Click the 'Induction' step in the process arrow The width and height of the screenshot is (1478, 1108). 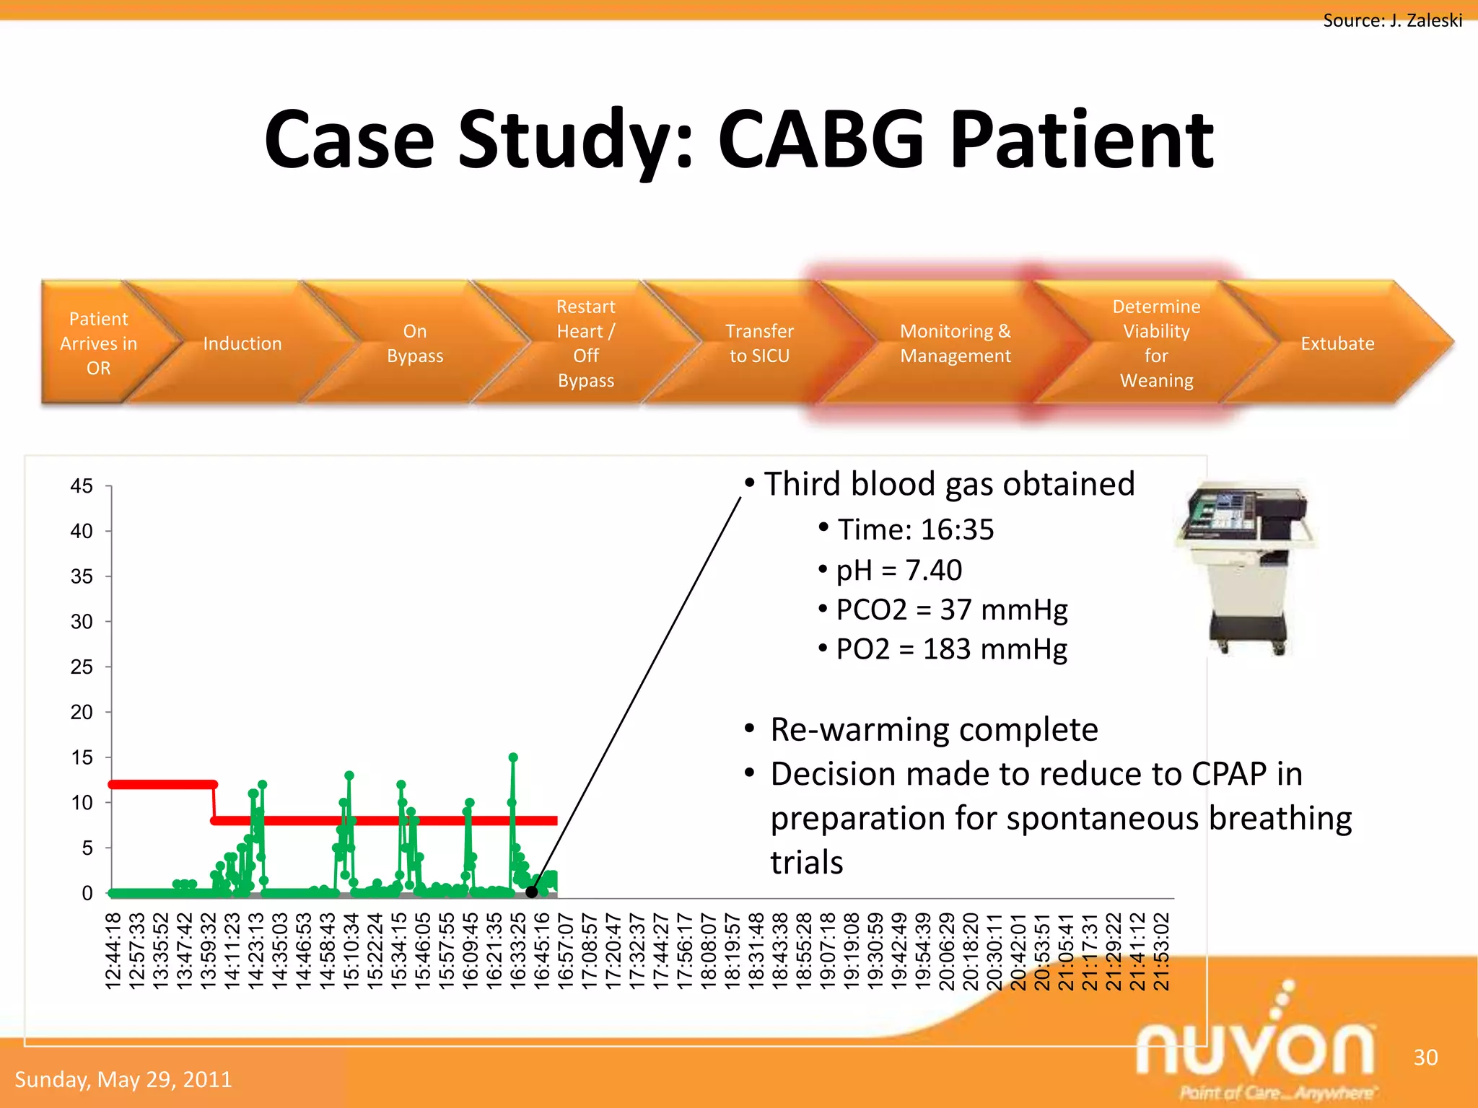[242, 343]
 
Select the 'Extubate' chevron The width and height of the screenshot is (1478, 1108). [1337, 343]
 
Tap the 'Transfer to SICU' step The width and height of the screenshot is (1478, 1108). [759, 343]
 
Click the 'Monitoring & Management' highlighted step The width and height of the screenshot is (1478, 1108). [955, 343]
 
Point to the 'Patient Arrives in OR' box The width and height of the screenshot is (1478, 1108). [98, 343]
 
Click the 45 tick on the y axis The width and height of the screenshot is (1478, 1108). [82, 486]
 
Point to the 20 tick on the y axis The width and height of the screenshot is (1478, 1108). [82, 712]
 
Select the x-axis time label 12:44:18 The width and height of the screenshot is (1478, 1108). [113, 951]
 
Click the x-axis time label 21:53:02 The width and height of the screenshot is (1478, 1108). [1161, 951]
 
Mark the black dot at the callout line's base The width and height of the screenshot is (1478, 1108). [531, 892]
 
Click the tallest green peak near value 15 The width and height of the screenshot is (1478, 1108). [513, 757]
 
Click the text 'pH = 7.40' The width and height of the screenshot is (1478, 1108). [898, 570]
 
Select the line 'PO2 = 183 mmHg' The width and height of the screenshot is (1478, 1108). [951, 649]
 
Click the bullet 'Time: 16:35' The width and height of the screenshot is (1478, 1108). [915, 529]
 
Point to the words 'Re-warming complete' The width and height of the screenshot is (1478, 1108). [933, 729]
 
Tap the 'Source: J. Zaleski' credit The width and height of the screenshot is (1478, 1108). [1391, 20]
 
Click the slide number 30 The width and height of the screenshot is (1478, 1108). [1425, 1058]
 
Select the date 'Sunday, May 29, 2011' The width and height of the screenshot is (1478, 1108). [123, 1079]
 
